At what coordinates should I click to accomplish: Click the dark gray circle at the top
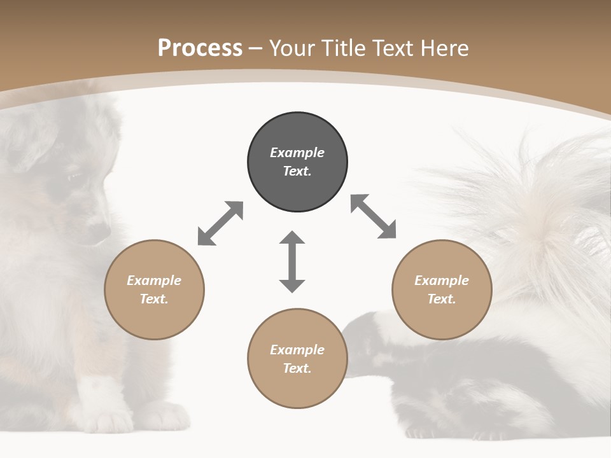click(297, 162)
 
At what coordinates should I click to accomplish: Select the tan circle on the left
click(154, 289)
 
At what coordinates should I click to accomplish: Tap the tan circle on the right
click(442, 289)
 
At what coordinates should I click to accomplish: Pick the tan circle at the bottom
click(297, 358)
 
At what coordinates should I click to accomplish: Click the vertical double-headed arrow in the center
click(292, 261)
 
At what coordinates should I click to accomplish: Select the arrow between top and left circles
click(220, 223)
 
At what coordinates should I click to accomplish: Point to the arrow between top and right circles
click(373, 216)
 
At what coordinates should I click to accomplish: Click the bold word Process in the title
click(200, 48)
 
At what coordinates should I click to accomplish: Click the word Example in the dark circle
click(297, 153)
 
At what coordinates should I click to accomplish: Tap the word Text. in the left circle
click(154, 299)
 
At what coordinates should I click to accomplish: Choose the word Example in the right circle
click(442, 281)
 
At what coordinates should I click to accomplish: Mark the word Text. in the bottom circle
click(297, 368)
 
